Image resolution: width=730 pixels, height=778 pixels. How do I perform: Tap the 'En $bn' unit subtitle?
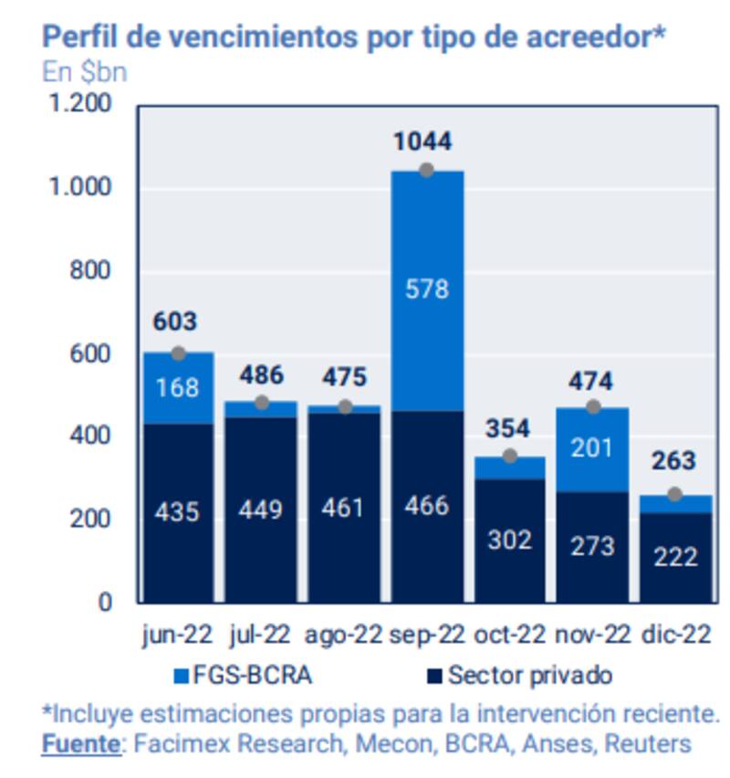(85, 72)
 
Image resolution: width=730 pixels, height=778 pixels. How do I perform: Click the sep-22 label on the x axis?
(427, 635)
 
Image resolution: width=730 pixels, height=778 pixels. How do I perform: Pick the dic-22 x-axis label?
(676, 635)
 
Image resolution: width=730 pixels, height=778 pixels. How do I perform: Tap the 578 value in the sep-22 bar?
(427, 289)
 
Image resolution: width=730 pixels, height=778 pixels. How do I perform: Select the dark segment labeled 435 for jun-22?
(177, 511)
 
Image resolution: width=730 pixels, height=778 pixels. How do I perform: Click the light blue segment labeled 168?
(177, 388)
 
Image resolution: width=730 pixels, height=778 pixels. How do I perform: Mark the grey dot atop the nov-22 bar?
(593, 407)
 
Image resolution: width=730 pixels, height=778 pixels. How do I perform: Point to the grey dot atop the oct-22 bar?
(510, 456)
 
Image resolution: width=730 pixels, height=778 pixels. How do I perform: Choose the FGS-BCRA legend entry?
(244, 677)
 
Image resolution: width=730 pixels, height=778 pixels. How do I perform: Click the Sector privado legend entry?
(519, 677)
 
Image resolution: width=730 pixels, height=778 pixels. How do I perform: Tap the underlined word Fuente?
(80, 744)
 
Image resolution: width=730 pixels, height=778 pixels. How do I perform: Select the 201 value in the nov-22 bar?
(593, 448)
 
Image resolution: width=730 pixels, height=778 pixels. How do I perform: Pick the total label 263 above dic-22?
(674, 461)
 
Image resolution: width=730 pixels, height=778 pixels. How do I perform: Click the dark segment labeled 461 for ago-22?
(343, 507)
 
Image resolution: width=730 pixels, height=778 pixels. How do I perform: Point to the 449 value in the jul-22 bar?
(260, 509)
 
